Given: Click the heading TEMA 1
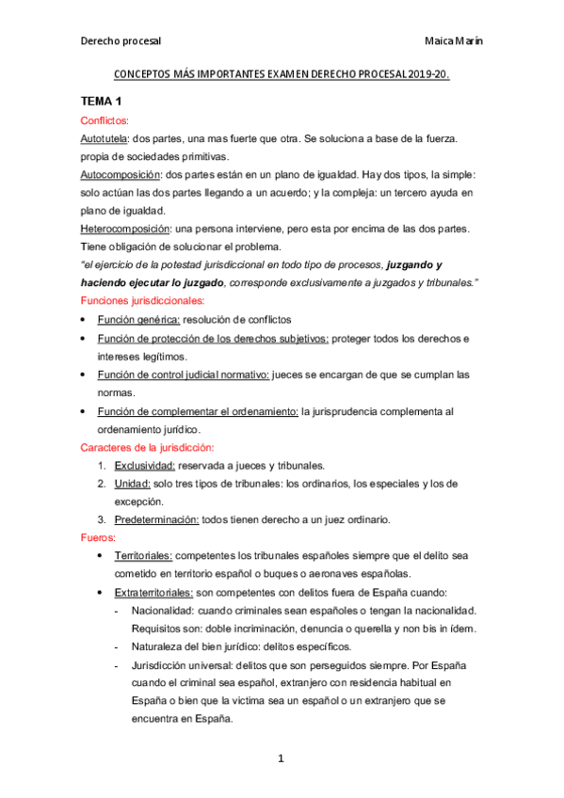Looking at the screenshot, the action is pos(101,102).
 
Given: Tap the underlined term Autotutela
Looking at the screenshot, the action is pos(104,138).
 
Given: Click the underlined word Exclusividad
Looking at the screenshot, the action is pos(144,465).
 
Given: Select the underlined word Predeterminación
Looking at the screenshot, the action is pos(156,519).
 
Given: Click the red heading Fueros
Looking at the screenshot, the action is pos(98,537).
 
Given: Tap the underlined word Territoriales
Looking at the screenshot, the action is pos(142,556).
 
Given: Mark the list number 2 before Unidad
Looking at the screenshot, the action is pos(101,483).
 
